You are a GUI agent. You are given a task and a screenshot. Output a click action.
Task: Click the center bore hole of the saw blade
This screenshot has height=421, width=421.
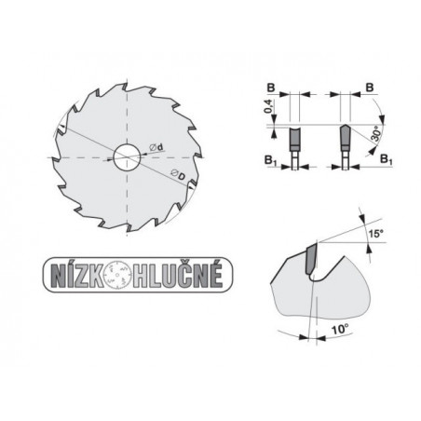pos(127,157)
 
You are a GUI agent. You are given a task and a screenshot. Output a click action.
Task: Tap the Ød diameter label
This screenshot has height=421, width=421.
pos(156,147)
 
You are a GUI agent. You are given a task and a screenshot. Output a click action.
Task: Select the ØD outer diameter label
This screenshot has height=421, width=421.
pos(178,175)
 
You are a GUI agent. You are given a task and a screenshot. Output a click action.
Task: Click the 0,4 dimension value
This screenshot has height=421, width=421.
pos(269,106)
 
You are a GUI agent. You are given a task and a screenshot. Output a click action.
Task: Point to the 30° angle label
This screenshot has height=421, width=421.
pos(376,133)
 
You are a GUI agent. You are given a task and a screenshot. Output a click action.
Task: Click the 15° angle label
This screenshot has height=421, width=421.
pos(375,233)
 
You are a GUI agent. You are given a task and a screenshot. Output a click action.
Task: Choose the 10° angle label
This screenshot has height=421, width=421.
pos(340,329)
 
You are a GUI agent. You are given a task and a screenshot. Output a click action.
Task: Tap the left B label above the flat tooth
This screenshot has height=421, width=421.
pos(271,88)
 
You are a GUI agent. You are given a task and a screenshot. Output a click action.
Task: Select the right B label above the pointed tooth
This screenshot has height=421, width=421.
pos(370,88)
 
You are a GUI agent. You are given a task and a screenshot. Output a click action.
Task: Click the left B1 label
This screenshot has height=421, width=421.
pos(270,160)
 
